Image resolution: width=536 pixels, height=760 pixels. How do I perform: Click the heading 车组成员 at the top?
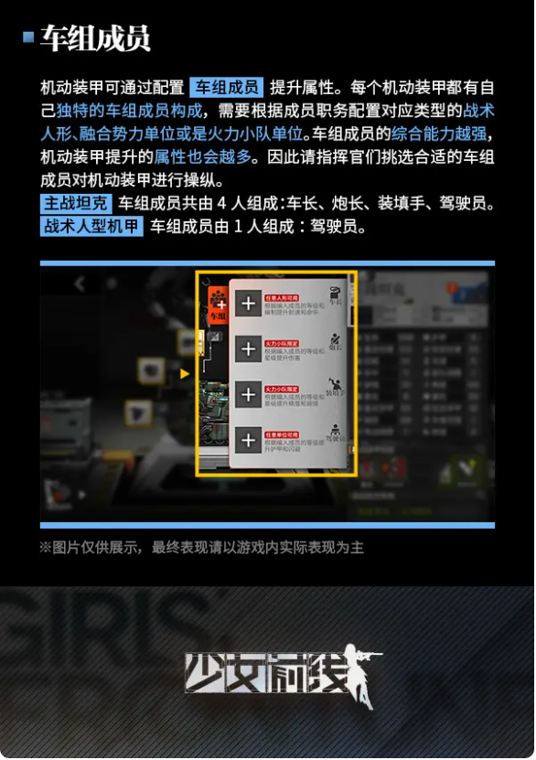click(x=95, y=38)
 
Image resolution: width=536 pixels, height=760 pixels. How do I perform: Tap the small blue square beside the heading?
click(x=28, y=37)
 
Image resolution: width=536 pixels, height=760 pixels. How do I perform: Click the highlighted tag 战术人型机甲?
click(x=91, y=226)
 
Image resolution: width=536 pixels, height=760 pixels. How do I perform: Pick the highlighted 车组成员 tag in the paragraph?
click(x=226, y=88)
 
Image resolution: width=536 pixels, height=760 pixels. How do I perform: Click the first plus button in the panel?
click(x=247, y=304)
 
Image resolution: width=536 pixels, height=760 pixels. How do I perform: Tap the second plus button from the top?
click(x=247, y=348)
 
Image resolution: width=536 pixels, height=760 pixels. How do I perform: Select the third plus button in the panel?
click(x=247, y=394)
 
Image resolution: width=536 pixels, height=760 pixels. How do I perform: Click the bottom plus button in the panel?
click(x=247, y=440)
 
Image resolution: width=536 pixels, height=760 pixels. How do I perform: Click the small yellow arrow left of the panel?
click(x=185, y=373)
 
